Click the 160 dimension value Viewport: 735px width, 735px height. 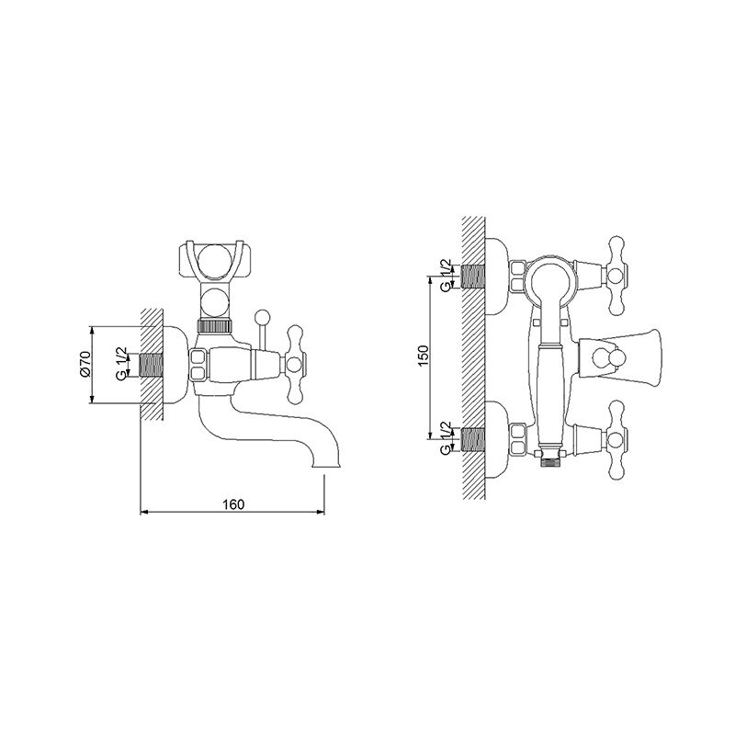(x=233, y=504)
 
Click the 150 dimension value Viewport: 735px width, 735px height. (x=424, y=356)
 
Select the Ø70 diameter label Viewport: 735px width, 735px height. (x=85, y=364)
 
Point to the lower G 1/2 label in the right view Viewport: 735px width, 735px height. (x=446, y=438)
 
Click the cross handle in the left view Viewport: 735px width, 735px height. (x=295, y=365)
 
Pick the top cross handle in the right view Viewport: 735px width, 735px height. (x=616, y=276)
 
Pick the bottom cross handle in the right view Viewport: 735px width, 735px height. (x=616, y=441)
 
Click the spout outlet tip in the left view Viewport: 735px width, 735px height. (x=325, y=465)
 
